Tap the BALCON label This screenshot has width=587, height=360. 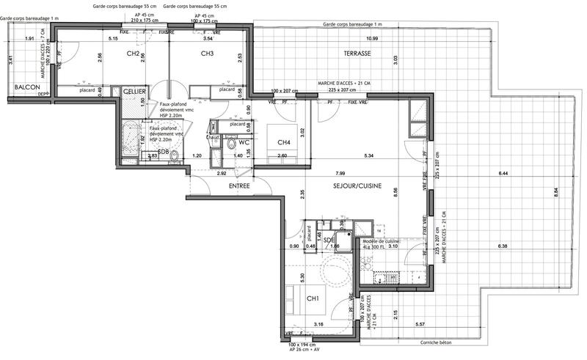pyautogui.click(x=27, y=87)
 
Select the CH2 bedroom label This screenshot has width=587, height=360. pyautogui.click(x=133, y=54)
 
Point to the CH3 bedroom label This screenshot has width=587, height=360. pyautogui.click(x=207, y=54)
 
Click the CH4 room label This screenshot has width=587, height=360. pyautogui.click(x=283, y=142)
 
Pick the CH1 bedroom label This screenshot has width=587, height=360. pyautogui.click(x=312, y=298)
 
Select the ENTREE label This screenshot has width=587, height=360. pyautogui.click(x=239, y=186)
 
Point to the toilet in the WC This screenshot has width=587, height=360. pyautogui.click(x=232, y=144)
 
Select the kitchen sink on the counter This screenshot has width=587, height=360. pyautogui.click(x=387, y=277)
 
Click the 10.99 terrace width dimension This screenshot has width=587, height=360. pyautogui.click(x=372, y=38)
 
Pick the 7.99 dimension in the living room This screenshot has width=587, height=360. pyautogui.click(x=340, y=173)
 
